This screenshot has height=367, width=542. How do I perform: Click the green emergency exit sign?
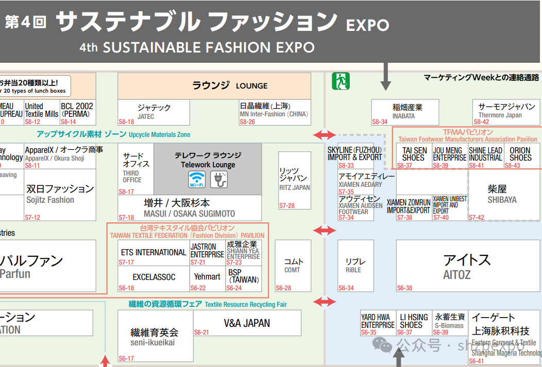pyautogui.click(x=341, y=81)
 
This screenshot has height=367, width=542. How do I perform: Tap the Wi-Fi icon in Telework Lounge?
pyautogui.click(x=196, y=179)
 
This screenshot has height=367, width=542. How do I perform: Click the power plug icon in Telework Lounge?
pyautogui.click(x=219, y=179)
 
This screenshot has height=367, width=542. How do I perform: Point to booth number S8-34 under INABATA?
pyautogui.click(x=380, y=122)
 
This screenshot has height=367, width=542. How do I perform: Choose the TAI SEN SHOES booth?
pyautogui.click(x=414, y=154)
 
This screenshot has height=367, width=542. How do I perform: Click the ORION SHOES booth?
pyautogui.click(x=520, y=154)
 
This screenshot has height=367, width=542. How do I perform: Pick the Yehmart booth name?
pyautogui.click(x=207, y=276)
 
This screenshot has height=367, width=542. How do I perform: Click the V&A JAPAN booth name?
pyautogui.click(x=247, y=323)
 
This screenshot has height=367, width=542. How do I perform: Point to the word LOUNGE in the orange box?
pyautogui.click(x=251, y=86)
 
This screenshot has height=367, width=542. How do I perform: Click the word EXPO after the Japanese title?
pyautogui.click(x=367, y=24)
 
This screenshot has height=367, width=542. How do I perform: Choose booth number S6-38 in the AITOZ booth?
pyautogui.click(x=405, y=288)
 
